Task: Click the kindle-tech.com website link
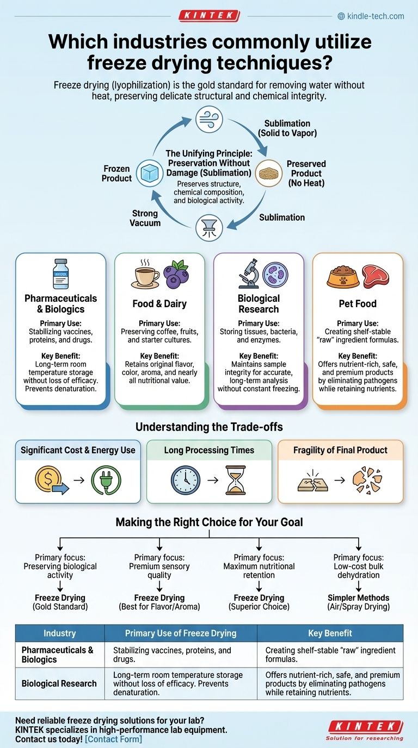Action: pyautogui.click(x=375, y=16)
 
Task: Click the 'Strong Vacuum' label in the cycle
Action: pyautogui.click(x=145, y=218)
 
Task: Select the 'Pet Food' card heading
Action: pyautogui.click(x=358, y=303)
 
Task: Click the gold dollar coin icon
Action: pyautogui.click(x=47, y=480)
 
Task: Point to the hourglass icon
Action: pyautogui.click(x=235, y=480)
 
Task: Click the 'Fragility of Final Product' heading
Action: pyautogui.click(x=340, y=450)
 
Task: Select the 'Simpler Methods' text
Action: pyautogui.click(x=358, y=597)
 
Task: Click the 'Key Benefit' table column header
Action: pyautogui.click(x=330, y=633)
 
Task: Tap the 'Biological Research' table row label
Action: pyautogui.click(x=59, y=683)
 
